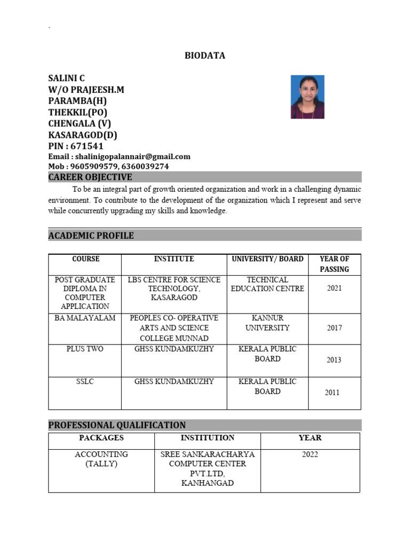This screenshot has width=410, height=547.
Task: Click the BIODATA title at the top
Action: (x=205, y=56)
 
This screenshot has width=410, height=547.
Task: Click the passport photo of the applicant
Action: (x=307, y=97)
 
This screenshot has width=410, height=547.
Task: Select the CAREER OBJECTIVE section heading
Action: (x=90, y=177)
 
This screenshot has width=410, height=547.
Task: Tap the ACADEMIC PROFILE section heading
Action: (x=91, y=236)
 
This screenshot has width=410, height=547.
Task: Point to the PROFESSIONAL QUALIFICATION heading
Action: (x=117, y=425)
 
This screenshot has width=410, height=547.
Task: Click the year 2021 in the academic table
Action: (x=334, y=288)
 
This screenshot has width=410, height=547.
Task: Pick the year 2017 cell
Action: (x=334, y=328)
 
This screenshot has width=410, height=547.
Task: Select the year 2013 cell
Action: (x=334, y=360)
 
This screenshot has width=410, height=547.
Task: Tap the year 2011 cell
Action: (x=332, y=393)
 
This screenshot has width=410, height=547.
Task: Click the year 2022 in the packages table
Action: (x=310, y=455)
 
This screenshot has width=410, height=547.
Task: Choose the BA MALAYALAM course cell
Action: (x=85, y=318)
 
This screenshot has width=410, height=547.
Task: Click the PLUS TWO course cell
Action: (x=85, y=349)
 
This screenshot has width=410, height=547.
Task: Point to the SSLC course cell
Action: (x=85, y=381)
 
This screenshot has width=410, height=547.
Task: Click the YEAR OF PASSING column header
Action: (x=334, y=264)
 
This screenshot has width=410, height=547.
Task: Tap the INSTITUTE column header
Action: (x=174, y=259)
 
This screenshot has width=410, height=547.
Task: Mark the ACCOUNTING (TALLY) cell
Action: (x=101, y=459)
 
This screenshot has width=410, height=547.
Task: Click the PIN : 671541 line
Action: (x=76, y=146)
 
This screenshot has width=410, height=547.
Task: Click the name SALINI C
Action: (x=67, y=79)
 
